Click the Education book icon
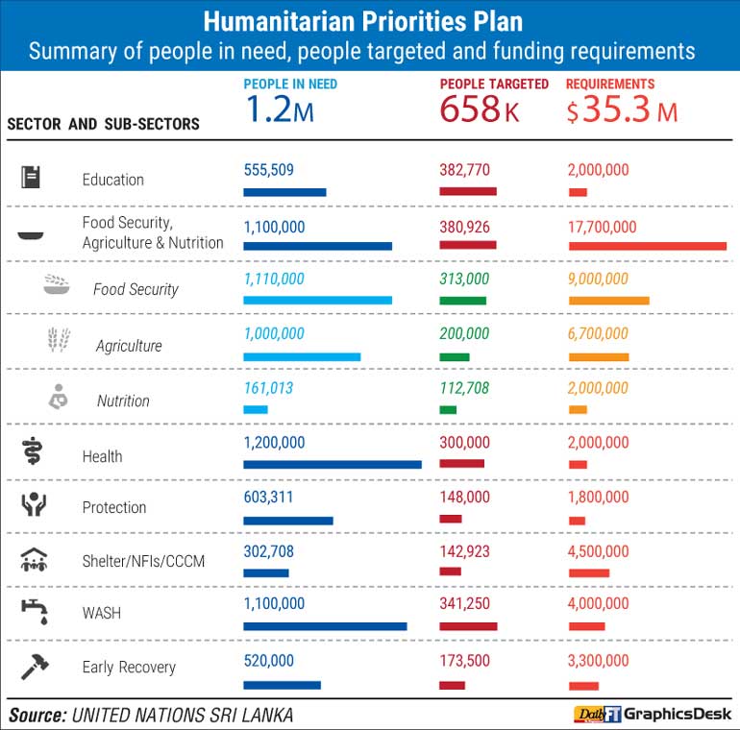tap(31, 178)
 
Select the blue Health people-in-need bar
tap(332, 465)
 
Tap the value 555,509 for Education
tap(268, 170)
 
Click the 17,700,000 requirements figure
tap(602, 227)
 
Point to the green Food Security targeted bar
tap(462, 301)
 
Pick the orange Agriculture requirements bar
tap(598, 357)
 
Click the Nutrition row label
tap(123, 401)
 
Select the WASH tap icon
tap(34, 611)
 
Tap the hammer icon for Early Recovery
tap(34, 666)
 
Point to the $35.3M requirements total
tap(622, 111)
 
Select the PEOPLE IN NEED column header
tap(290, 85)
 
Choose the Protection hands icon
tap(34, 504)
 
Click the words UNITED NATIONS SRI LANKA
tap(183, 715)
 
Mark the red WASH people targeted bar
tap(468, 626)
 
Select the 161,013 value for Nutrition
tap(268, 388)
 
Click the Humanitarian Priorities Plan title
tap(369, 21)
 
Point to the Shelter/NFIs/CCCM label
tap(143, 561)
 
